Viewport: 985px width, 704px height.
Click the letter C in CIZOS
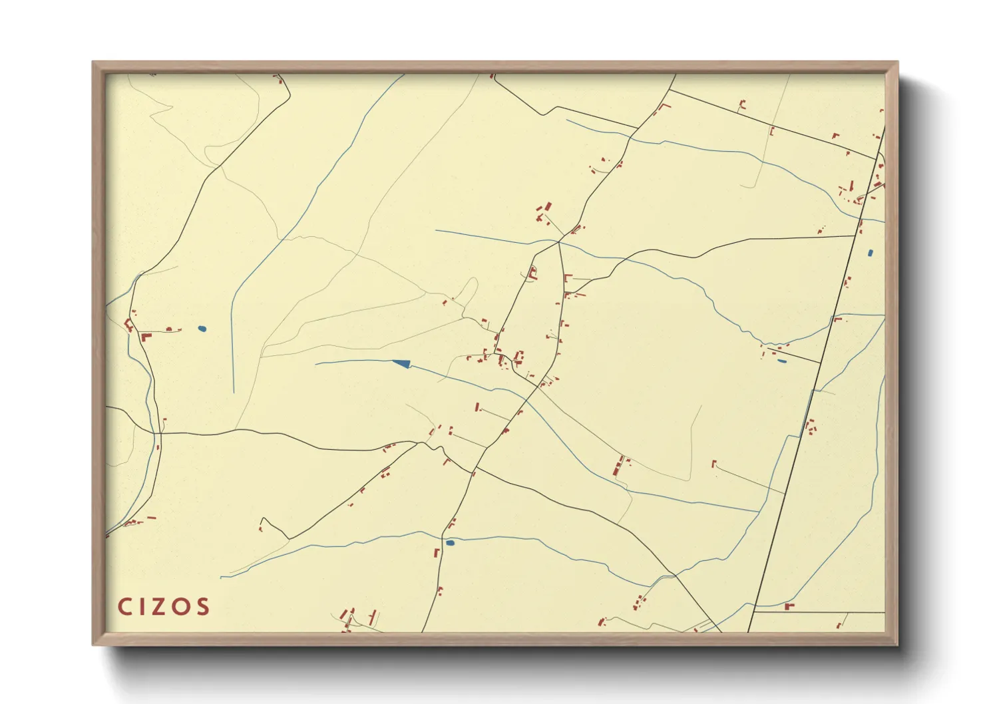click(124, 607)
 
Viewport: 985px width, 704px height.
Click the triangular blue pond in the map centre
click(401, 363)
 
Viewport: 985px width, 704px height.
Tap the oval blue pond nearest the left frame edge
click(202, 328)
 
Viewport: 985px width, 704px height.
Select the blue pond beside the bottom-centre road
click(451, 543)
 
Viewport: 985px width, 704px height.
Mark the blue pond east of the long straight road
click(870, 253)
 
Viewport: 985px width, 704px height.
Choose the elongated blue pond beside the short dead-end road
click(781, 361)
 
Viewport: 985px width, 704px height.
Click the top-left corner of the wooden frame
click(93, 63)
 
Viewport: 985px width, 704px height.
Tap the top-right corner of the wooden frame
click(897, 63)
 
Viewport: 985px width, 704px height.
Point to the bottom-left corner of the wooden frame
click(93, 644)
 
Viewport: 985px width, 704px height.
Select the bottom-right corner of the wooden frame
click(897, 644)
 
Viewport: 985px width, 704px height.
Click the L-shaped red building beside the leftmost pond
click(146, 337)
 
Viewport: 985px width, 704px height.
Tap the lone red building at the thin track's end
click(713, 462)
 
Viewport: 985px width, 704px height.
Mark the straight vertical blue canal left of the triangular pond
click(232, 346)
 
